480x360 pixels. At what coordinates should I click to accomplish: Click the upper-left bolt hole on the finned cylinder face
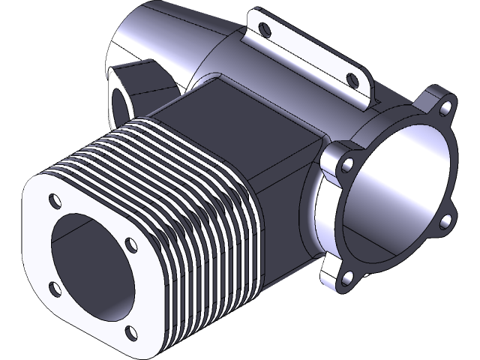[x=55, y=201]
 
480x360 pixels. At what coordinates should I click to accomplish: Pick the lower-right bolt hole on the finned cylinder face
[x=132, y=331]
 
